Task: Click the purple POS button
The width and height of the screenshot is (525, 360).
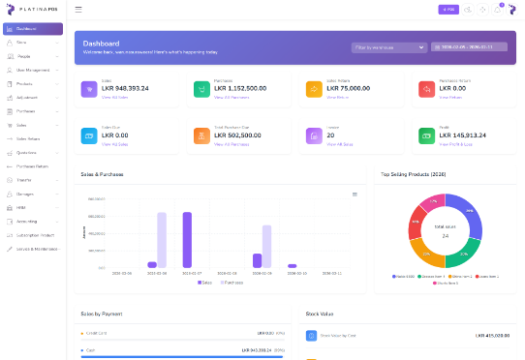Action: pos(448,9)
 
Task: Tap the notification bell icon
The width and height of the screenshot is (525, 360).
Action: pos(498,9)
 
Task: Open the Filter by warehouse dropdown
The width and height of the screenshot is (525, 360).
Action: pos(388,46)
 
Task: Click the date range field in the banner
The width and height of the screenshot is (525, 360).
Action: pos(468,46)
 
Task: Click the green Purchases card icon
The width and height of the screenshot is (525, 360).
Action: pos(201,89)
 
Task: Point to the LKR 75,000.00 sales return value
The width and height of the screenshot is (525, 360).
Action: pos(348,89)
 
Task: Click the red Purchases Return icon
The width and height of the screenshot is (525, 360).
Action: pos(426,89)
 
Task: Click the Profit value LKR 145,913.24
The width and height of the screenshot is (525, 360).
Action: pos(463,135)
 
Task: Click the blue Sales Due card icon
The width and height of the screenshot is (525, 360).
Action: pos(88,135)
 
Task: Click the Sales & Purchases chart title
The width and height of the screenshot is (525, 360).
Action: pos(102,174)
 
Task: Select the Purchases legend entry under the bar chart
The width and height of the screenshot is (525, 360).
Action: pos(232,283)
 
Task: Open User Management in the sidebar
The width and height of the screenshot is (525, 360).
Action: pos(33,70)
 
